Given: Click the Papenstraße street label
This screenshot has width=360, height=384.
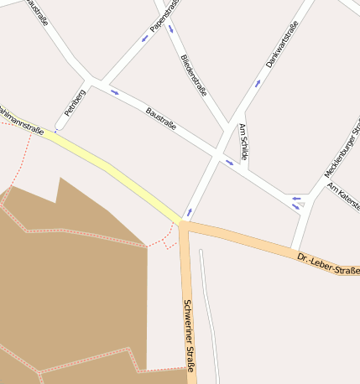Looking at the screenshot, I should (164, 17).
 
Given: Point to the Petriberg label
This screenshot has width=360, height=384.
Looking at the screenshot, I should (75, 101).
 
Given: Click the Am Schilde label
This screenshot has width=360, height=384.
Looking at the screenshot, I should (244, 142).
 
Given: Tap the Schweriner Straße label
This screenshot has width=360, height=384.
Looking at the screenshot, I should (189, 335).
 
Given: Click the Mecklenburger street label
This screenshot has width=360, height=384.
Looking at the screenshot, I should (342, 151).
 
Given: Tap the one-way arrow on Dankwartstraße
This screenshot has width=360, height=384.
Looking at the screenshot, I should (258, 82).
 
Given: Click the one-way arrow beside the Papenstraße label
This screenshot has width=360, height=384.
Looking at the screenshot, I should (144, 38).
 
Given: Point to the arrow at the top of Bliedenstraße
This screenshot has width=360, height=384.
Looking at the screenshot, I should (171, 29).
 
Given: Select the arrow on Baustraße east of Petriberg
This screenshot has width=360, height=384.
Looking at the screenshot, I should (114, 92).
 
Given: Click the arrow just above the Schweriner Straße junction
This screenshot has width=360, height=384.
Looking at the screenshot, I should (189, 211).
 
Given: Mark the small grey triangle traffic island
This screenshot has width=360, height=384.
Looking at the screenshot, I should (300, 204).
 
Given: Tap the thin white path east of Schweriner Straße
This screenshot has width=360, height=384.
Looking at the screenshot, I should (211, 319).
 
